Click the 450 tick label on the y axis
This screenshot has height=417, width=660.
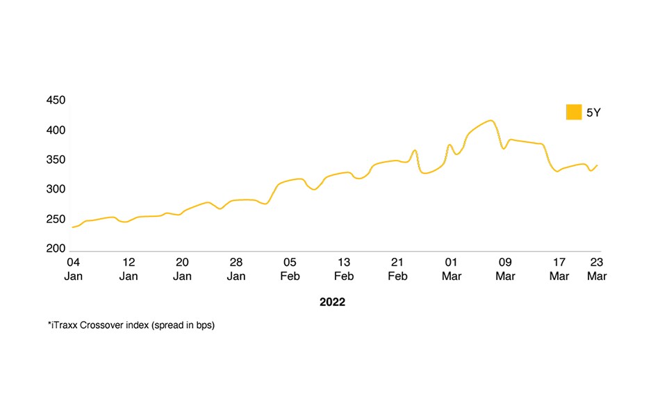click(56, 101)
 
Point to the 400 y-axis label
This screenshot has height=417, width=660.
click(56, 131)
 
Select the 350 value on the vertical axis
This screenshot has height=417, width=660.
click(56, 160)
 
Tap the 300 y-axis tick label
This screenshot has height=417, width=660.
click(56, 190)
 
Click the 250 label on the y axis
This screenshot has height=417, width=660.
click(56, 220)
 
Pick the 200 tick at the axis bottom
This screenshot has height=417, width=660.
click(56, 249)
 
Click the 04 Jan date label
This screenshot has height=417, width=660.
click(73, 269)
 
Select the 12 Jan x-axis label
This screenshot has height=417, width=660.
click(129, 269)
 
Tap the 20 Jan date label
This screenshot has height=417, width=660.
click(182, 269)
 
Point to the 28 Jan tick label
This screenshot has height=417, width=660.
click(236, 269)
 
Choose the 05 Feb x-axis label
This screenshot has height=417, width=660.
click(290, 269)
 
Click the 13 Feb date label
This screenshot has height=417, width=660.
click(344, 269)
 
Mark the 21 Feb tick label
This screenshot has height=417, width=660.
click(397, 269)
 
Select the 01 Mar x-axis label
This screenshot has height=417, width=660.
click(452, 269)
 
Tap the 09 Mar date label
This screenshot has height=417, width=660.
click(505, 269)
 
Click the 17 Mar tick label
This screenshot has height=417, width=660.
click(559, 269)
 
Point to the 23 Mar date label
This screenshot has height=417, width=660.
click(597, 269)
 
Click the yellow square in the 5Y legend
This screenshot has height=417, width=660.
click(573, 112)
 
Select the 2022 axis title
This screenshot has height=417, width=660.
click(332, 302)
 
